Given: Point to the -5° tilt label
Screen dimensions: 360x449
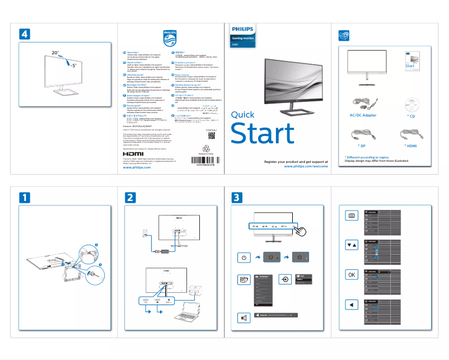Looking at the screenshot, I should point(73,66).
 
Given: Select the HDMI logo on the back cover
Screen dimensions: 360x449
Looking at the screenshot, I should point(133,152).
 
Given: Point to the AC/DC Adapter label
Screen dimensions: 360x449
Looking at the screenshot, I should point(363,115).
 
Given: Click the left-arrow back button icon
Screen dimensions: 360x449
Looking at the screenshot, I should point(351,305).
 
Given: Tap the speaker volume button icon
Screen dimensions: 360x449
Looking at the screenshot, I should point(244,318).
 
